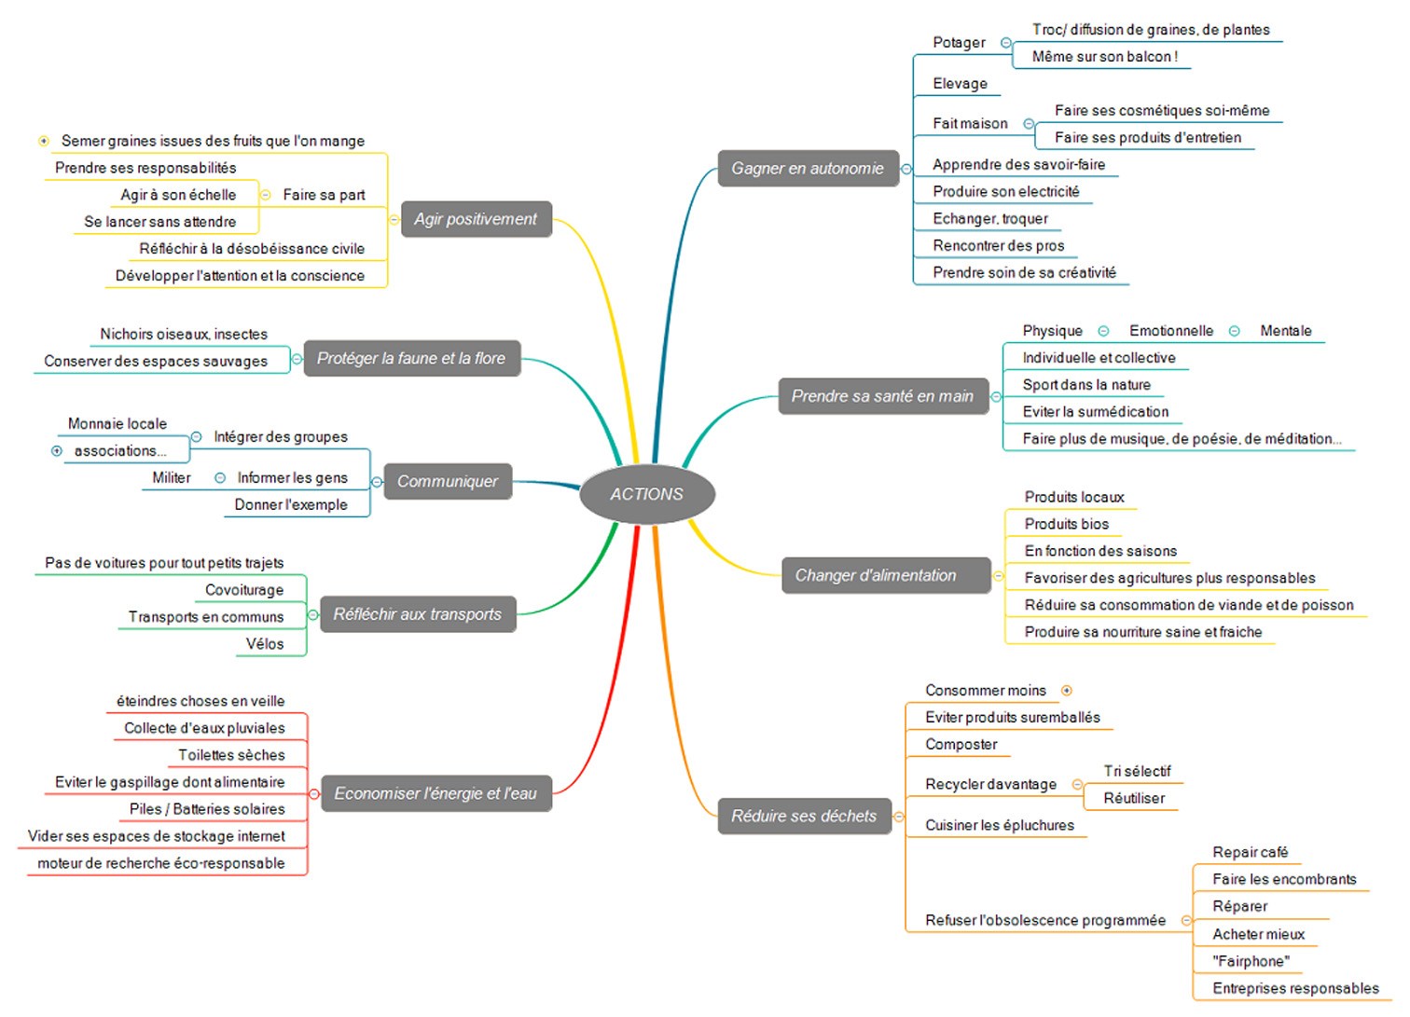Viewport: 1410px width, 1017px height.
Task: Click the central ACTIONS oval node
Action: [x=647, y=494]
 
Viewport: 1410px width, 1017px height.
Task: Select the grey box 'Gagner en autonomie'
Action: [x=809, y=168]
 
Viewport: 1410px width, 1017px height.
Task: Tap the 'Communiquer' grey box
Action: [x=448, y=481]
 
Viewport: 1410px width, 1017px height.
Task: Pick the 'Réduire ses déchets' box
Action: [x=805, y=817]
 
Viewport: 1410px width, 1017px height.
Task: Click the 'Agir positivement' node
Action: [x=476, y=219]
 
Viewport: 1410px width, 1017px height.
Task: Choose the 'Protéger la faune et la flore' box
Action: [x=411, y=358]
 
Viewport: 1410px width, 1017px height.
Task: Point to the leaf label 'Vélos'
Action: [x=265, y=644]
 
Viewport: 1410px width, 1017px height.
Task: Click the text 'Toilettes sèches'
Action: [x=231, y=754]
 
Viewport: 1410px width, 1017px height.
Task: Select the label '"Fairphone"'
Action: [x=1251, y=961]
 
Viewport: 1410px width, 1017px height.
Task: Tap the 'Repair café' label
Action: [x=1251, y=852]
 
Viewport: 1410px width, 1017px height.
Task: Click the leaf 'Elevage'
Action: [x=960, y=83]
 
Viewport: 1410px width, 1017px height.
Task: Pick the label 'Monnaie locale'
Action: [x=117, y=423]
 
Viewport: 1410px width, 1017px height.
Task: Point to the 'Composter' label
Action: [x=961, y=744]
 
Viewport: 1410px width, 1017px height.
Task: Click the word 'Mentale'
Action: [x=1286, y=330]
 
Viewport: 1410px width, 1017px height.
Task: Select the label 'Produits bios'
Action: [x=1067, y=524]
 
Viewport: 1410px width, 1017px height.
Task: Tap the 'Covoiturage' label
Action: [x=244, y=590]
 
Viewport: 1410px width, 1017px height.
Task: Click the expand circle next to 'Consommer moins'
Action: [x=1066, y=691]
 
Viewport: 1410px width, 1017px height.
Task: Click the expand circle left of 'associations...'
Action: [x=57, y=450]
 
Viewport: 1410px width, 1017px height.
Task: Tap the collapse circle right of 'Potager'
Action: [x=1006, y=43]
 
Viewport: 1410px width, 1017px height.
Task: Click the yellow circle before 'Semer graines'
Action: [x=44, y=141]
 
